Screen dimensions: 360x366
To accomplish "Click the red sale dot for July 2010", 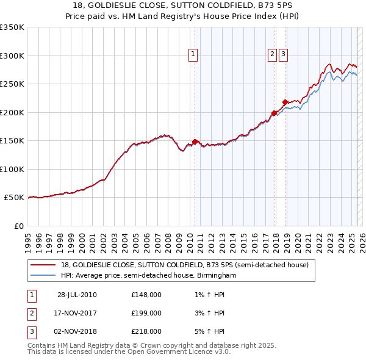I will click(x=195, y=142).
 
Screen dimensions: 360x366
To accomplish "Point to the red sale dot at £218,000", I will click(x=285, y=102).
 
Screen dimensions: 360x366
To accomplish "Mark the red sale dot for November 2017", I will click(x=274, y=113).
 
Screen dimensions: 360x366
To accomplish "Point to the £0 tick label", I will click(x=18, y=226).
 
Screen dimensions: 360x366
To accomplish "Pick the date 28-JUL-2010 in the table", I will click(x=77, y=295).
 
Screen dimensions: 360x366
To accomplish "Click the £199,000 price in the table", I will click(x=146, y=313).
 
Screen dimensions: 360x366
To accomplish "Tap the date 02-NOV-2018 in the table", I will click(x=77, y=331).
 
